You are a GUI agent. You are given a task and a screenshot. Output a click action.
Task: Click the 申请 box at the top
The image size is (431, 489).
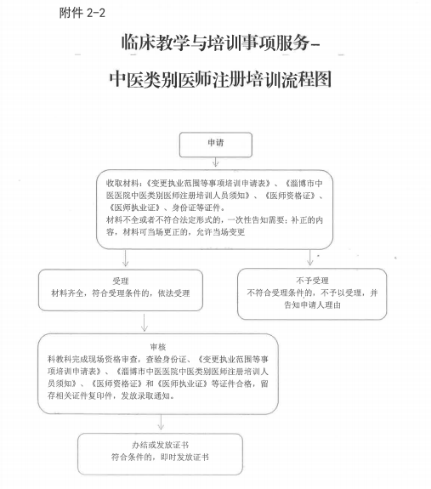[x=216, y=145]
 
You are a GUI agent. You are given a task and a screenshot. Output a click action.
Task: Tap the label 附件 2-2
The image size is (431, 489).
[x=82, y=13]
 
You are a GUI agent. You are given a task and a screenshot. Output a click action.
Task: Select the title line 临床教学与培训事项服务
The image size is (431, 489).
[x=216, y=43]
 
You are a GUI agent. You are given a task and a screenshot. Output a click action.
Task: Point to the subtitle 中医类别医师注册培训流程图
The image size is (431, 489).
[x=220, y=79]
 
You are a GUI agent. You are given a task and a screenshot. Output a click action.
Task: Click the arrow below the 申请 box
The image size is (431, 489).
[x=216, y=162]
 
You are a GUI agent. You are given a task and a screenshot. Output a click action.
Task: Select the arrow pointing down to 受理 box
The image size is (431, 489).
[x=125, y=258]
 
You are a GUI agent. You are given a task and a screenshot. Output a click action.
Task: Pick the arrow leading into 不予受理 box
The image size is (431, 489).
[x=309, y=258]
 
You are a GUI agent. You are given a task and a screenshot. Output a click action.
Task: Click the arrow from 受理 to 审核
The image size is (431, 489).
[x=145, y=322]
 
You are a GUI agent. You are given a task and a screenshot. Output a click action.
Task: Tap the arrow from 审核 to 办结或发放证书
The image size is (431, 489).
[x=161, y=422]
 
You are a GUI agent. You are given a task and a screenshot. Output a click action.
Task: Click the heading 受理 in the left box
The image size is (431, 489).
[x=121, y=281]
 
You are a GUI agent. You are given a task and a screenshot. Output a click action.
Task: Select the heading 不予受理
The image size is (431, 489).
[x=312, y=281]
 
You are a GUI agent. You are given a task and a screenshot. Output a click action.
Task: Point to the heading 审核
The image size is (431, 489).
[x=158, y=347]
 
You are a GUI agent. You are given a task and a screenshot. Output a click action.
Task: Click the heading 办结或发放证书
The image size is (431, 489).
[x=160, y=445]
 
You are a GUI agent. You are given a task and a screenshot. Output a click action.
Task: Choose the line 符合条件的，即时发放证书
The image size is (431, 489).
[x=160, y=458]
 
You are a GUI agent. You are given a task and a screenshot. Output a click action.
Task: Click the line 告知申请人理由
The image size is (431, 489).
[x=312, y=305]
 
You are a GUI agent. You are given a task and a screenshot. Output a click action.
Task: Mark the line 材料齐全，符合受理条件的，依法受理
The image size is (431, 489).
[x=121, y=293]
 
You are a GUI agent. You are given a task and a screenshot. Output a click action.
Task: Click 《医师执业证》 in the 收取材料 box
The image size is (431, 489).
[x=135, y=208]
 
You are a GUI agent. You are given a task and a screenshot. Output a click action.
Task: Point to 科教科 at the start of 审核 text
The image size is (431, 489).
[x=60, y=359]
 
